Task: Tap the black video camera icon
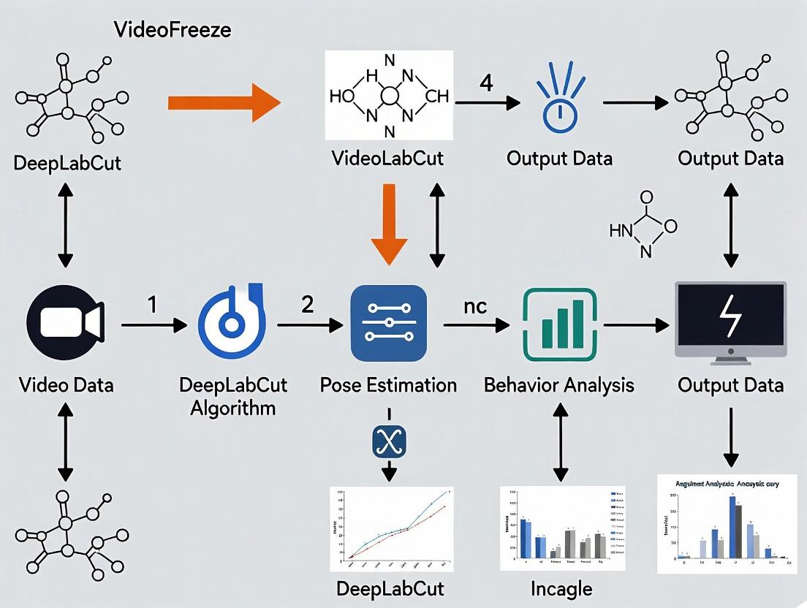pyautogui.click(x=65, y=322)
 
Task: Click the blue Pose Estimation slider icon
pyautogui.click(x=388, y=323)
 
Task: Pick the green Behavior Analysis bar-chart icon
pyautogui.click(x=560, y=323)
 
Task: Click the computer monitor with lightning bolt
pyautogui.click(x=730, y=323)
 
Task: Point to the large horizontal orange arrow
pyautogui.click(x=224, y=103)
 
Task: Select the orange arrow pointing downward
pyautogui.click(x=389, y=226)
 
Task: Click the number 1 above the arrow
pyautogui.click(x=153, y=303)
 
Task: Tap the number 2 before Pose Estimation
pyautogui.click(x=308, y=303)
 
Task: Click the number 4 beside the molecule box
pyautogui.click(x=485, y=83)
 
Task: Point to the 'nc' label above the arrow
pyautogui.click(x=475, y=306)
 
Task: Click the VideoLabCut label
pyautogui.click(x=388, y=159)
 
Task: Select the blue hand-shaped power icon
pyautogui.click(x=560, y=102)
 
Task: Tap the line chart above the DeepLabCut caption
pyautogui.click(x=389, y=529)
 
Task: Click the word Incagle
pyautogui.click(x=561, y=588)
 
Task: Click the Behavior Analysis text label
pyautogui.click(x=559, y=384)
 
